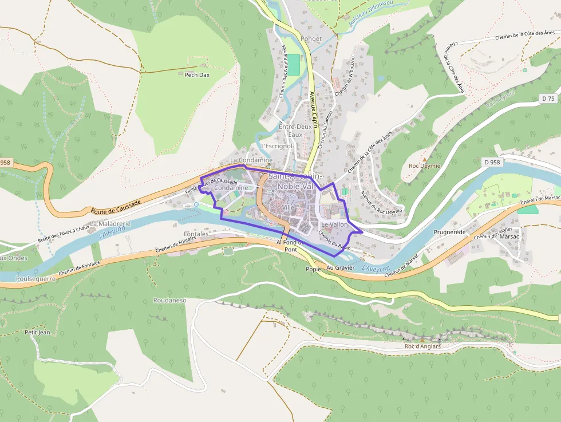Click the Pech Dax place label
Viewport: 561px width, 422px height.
[197, 75]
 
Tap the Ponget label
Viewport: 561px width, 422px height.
[311, 39]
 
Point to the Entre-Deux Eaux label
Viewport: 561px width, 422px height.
[295, 130]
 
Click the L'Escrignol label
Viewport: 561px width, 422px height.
[277, 146]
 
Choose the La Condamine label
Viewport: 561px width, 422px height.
[251, 160]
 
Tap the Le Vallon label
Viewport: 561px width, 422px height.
[334, 225]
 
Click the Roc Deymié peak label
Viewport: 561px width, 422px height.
[424, 166]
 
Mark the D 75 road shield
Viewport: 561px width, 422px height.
[548, 98]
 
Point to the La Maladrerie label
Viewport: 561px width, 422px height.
[110, 223]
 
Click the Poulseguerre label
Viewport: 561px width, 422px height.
[35, 279]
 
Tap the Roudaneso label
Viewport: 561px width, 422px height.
[170, 300]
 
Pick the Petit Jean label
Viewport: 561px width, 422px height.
[38, 332]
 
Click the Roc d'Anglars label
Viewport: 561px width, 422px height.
[422, 346]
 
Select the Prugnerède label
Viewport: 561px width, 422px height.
[452, 233]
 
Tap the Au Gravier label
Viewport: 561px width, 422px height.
[341, 267]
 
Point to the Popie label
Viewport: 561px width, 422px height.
[313, 269]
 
